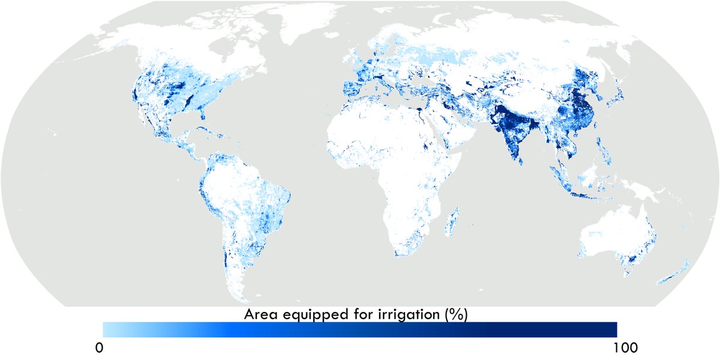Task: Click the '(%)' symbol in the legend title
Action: [457, 314]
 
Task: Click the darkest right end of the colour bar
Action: [612, 329]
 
